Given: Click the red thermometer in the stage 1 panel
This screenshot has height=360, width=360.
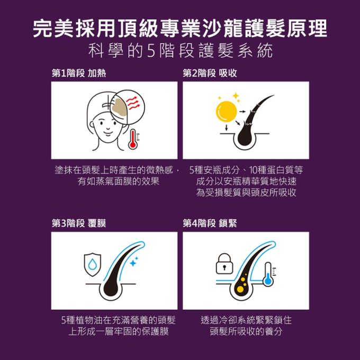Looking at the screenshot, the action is pos(133,139).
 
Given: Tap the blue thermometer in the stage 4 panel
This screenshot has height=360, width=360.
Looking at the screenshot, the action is pos(268,274).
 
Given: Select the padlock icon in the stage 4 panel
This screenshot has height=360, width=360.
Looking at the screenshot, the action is pos(224,264).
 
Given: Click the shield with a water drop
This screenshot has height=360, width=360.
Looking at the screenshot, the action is pos(93,265).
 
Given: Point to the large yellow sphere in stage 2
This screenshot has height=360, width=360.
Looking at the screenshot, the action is pos(226,111).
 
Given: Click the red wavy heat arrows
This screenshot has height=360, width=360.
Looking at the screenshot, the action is pos(133,103).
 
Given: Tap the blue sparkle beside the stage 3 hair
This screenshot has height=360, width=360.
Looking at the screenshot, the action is pos(133,262).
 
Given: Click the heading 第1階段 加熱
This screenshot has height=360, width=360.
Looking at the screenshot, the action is pos(79,73).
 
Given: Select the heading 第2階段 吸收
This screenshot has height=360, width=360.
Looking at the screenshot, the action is pos(210,73).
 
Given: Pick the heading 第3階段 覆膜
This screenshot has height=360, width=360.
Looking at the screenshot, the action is pos(79,223).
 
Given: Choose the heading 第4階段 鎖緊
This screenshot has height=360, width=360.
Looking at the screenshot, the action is pos(210,223).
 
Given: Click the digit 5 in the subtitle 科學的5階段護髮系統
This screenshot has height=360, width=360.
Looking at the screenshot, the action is pos(151,50).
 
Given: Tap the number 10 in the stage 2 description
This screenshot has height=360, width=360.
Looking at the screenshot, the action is pos(253,170).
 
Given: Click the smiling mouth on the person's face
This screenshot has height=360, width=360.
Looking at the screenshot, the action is pos(107,132).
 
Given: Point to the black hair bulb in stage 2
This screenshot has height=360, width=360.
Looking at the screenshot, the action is pos(246,136).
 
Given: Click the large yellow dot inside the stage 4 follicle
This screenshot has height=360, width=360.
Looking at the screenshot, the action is pos(240,289).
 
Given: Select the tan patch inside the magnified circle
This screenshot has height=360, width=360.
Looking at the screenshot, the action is pos(120,107).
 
